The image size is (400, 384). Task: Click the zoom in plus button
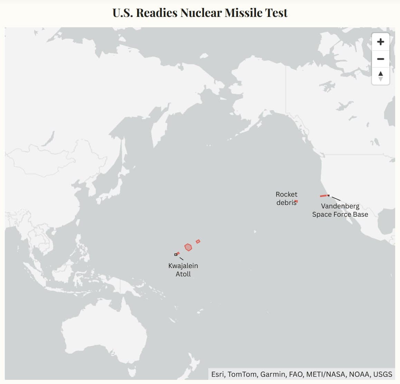click(380, 42)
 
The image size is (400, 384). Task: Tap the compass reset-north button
click(380, 76)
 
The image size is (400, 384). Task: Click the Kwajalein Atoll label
click(183, 270)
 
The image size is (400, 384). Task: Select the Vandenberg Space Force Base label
click(340, 210)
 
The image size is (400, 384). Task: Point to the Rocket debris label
click(286, 198)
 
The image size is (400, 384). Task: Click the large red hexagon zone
click(188, 247)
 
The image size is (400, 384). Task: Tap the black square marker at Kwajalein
click(176, 255)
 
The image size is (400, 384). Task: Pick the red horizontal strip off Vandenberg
click(324, 196)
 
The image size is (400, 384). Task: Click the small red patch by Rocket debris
click(296, 201)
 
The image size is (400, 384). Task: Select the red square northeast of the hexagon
click(198, 242)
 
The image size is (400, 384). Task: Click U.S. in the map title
click(123, 13)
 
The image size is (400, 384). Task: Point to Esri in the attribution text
click(218, 374)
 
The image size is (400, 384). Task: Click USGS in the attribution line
click(383, 374)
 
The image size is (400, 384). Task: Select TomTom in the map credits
click(242, 374)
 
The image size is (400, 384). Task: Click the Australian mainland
click(104, 331)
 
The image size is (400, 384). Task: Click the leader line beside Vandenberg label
click(336, 199)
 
